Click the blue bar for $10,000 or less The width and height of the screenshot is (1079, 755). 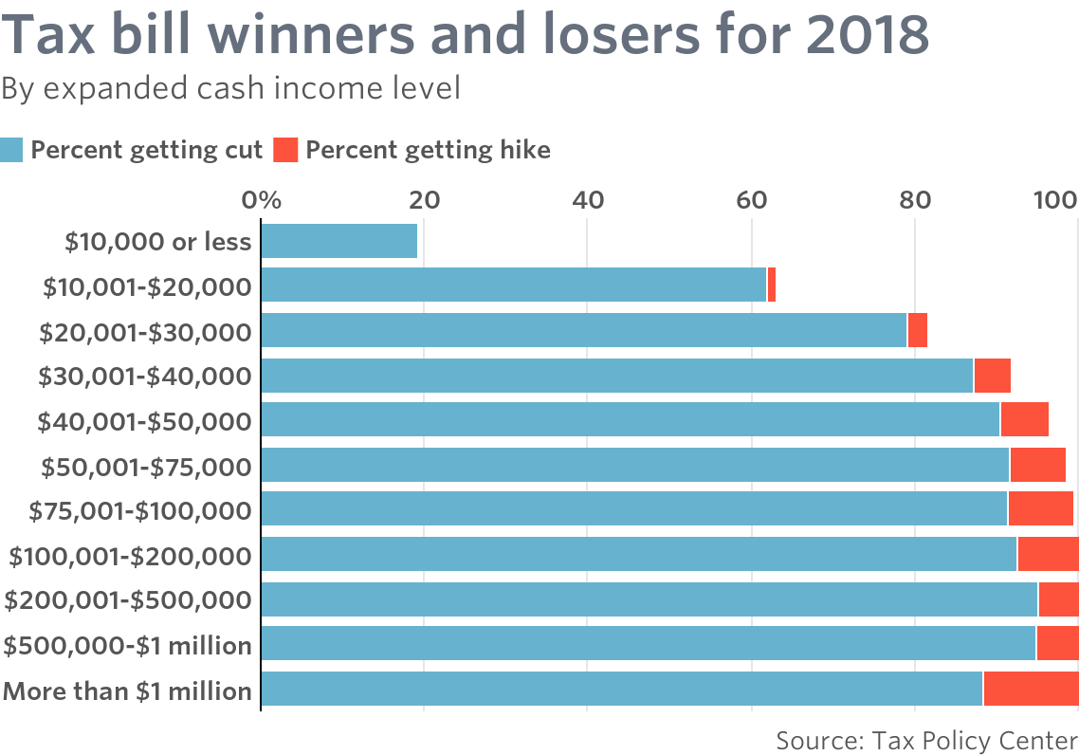coord(338,241)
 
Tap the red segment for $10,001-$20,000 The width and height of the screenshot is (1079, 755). coord(772,285)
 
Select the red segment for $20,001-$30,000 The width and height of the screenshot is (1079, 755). coord(918,330)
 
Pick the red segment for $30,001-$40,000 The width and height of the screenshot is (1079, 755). coord(992,376)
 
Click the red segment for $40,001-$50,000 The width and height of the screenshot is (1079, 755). coord(1024,419)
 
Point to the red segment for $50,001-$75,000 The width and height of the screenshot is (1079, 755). coord(1037,465)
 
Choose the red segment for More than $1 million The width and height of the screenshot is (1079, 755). coord(1031,690)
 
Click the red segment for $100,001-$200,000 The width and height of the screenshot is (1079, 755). coord(1048,554)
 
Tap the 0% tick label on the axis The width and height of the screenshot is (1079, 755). coord(262,200)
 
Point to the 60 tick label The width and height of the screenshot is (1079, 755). coord(751,200)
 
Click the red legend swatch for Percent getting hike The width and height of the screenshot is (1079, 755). coord(285,150)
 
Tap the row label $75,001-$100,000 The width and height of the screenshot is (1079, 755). coord(140,511)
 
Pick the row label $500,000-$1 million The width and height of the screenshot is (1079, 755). coord(128,646)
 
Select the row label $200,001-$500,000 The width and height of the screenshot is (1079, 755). coord(129,600)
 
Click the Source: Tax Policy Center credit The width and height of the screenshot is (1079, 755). coord(926,740)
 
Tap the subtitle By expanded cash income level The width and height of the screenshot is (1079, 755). coord(230,88)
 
